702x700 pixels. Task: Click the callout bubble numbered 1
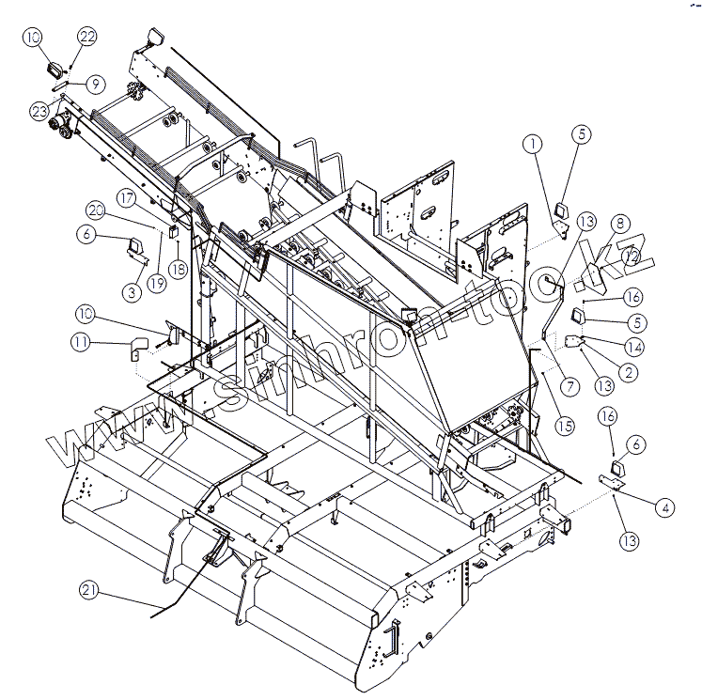(533, 144)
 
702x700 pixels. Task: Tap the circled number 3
(132, 294)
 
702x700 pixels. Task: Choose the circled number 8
(619, 224)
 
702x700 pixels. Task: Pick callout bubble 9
(94, 84)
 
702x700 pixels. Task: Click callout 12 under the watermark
(631, 256)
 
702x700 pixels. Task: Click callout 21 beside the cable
(90, 590)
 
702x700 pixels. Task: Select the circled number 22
(87, 37)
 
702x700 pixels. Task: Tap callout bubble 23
(39, 111)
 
